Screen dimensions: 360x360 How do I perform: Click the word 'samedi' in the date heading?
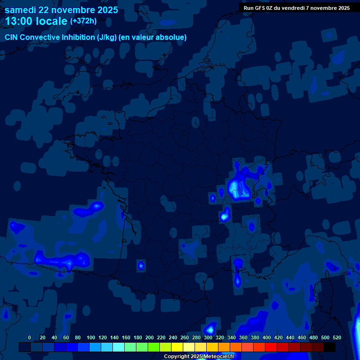click(22, 10)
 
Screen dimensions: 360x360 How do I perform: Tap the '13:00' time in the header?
click(21, 21)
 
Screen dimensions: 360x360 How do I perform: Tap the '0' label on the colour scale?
click(30, 337)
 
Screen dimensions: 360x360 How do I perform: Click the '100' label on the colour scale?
click(90, 337)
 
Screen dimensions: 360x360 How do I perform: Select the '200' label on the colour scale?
click(149, 337)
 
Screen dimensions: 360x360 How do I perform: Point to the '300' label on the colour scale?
click(208, 337)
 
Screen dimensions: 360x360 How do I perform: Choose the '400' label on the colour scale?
click(266, 337)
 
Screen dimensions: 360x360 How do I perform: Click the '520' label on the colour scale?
click(337, 337)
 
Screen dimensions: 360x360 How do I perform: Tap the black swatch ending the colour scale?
click(330, 347)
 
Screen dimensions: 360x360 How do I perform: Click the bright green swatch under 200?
click(154, 347)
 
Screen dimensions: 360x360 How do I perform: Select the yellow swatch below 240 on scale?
click(177, 347)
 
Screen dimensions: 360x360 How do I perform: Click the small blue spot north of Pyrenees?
click(141, 265)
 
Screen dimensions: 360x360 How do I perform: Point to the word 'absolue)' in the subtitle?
click(173, 37)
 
